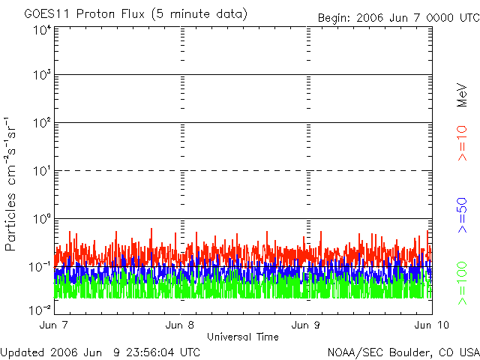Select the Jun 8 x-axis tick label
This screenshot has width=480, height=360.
point(180,325)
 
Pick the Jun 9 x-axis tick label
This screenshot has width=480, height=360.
point(306,325)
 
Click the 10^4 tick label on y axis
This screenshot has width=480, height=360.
point(42,30)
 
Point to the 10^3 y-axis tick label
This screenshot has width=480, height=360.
point(42,76)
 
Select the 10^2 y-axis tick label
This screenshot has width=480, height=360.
point(42,123)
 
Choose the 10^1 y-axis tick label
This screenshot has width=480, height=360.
point(42,171)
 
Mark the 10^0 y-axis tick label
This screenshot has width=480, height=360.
point(42,219)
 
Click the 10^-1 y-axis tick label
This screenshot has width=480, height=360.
point(40,266)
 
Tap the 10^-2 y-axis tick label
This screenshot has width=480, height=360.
point(40,309)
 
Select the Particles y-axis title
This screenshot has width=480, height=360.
point(12,217)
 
